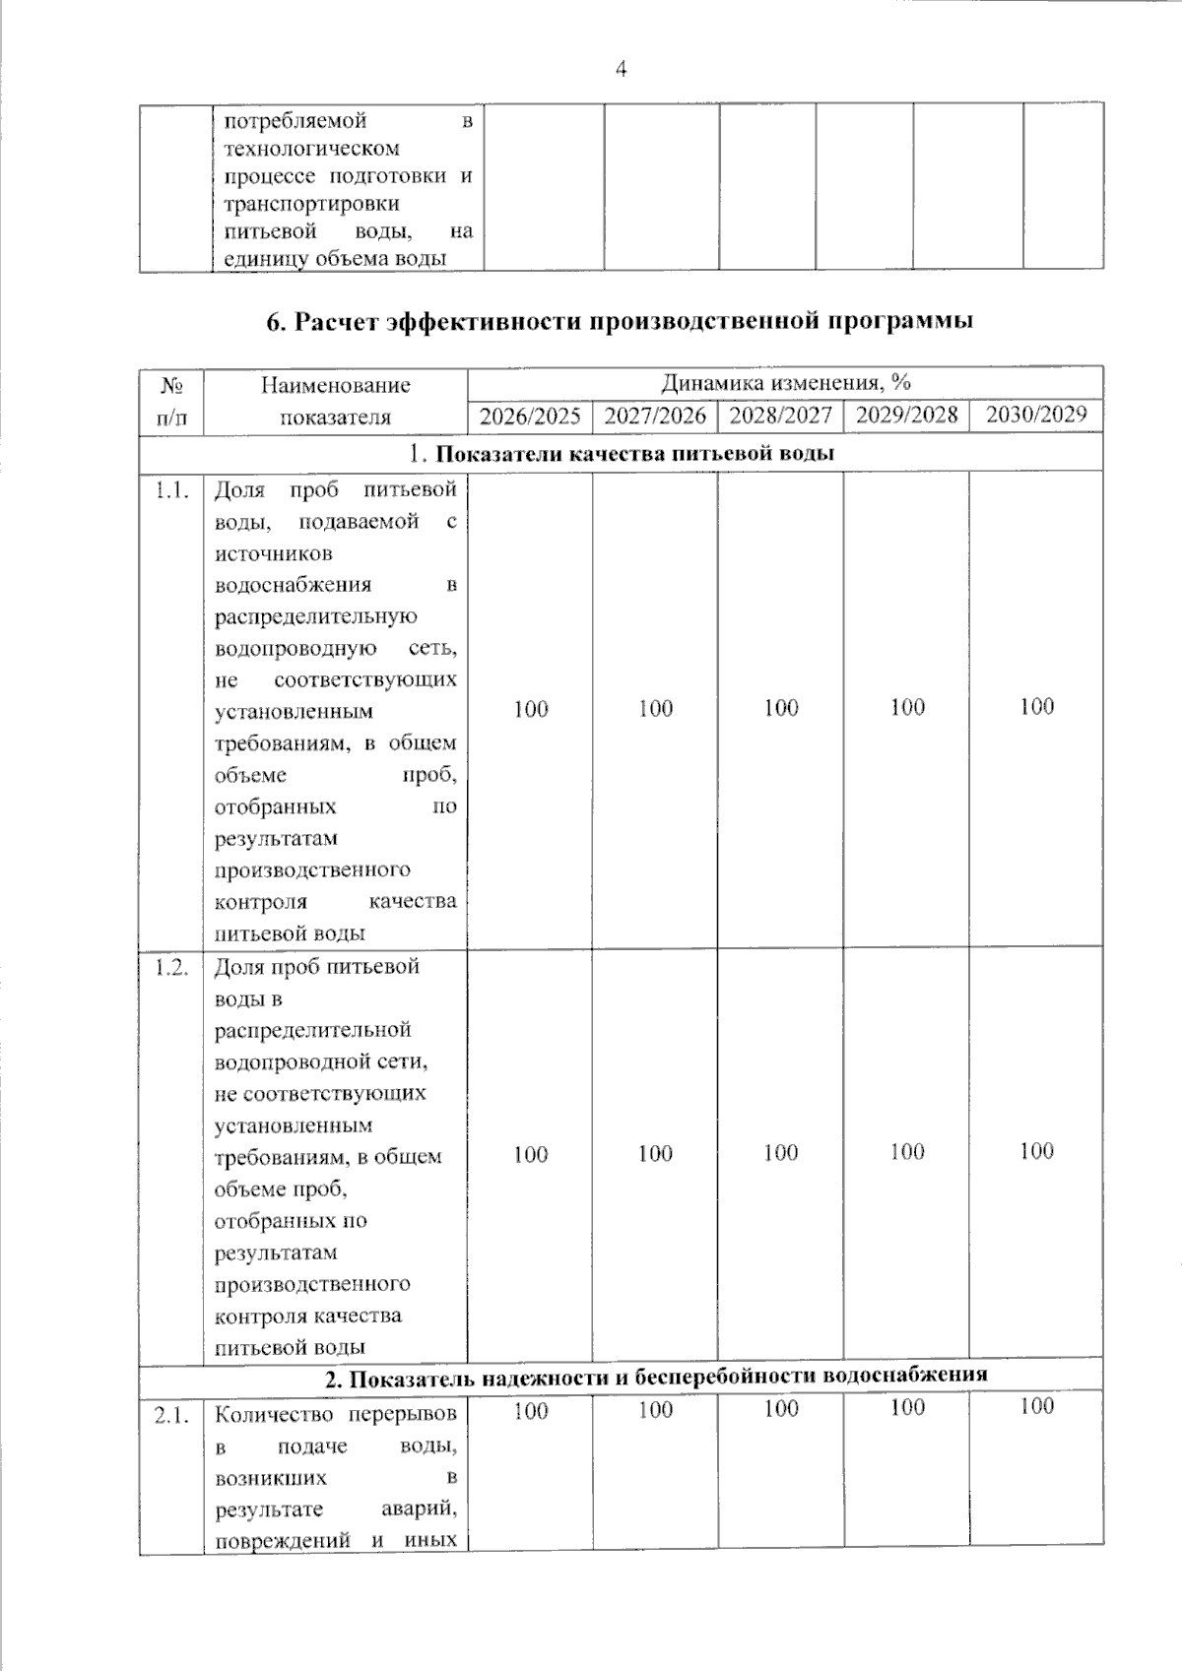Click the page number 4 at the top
(x=621, y=69)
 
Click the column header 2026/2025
(x=530, y=416)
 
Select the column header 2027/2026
(x=655, y=416)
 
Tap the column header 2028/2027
(x=780, y=415)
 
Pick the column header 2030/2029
(x=1036, y=414)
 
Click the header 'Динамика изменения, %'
(x=785, y=382)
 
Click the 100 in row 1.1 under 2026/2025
(x=531, y=709)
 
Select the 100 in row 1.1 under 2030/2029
(x=1036, y=706)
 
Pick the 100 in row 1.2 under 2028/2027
(x=780, y=1153)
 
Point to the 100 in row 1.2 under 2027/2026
(x=655, y=1153)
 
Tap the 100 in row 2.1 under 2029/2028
(x=906, y=1408)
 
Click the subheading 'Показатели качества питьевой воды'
(x=634, y=454)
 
